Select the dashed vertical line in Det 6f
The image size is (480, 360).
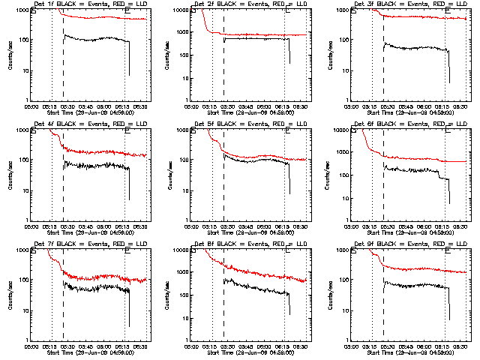(x=384, y=187)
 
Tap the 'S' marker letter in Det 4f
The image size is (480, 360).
(x=34, y=132)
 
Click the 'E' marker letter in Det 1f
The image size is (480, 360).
(x=127, y=12)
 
